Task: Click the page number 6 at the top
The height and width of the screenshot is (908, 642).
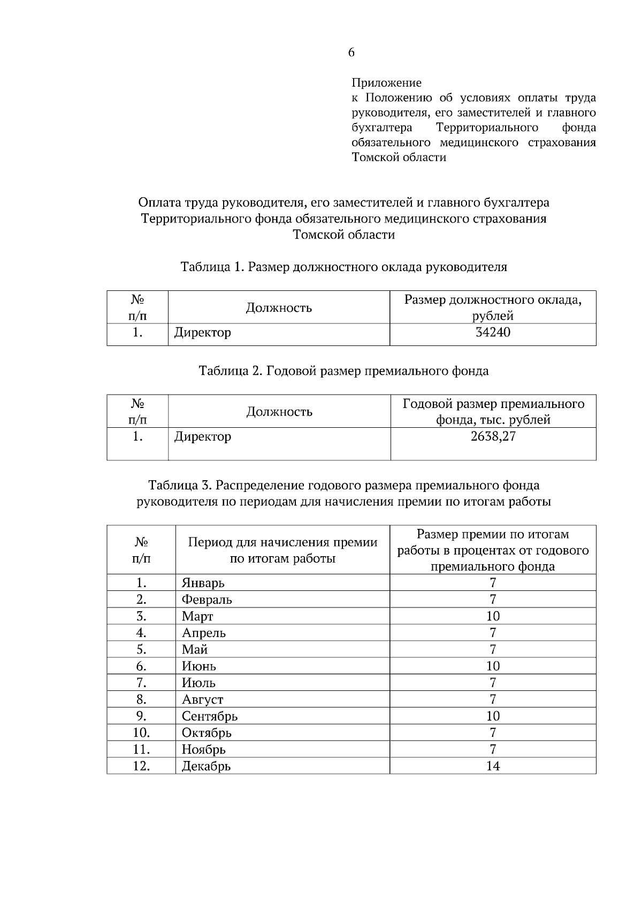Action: pyautogui.click(x=351, y=52)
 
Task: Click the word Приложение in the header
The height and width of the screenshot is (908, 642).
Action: pyautogui.click(x=386, y=83)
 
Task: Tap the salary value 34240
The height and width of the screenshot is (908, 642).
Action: pyautogui.click(x=493, y=333)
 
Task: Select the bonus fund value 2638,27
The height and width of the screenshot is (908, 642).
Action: pyautogui.click(x=493, y=436)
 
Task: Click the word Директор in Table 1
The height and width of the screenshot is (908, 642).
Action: pyautogui.click(x=203, y=333)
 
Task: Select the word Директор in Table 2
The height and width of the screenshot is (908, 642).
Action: pyautogui.click(x=203, y=436)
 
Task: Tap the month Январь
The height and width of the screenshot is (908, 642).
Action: pyautogui.click(x=203, y=583)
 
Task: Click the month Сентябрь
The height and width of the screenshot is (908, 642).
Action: pyautogui.click(x=210, y=716)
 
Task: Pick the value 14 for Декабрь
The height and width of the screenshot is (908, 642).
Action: pyautogui.click(x=493, y=766)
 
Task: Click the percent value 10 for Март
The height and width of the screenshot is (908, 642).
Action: pyautogui.click(x=493, y=616)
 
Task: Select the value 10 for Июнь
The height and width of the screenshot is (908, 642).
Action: pyautogui.click(x=493, y=666)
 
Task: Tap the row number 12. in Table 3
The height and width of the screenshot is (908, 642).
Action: pyautogui.click(x=141, y=766)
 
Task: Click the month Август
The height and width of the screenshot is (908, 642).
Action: pyautogui.click(x=203, y=699)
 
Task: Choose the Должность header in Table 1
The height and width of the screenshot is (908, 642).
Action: pyautogui.click(x=279, y=308)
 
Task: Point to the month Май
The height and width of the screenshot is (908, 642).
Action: pyautogui.click(x=195, y=650)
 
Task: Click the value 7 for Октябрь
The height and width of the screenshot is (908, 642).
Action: pyautogui.click(x=493, y=733)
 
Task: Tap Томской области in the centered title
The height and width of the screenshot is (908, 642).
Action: pyautogui.click(x=343, y=235)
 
